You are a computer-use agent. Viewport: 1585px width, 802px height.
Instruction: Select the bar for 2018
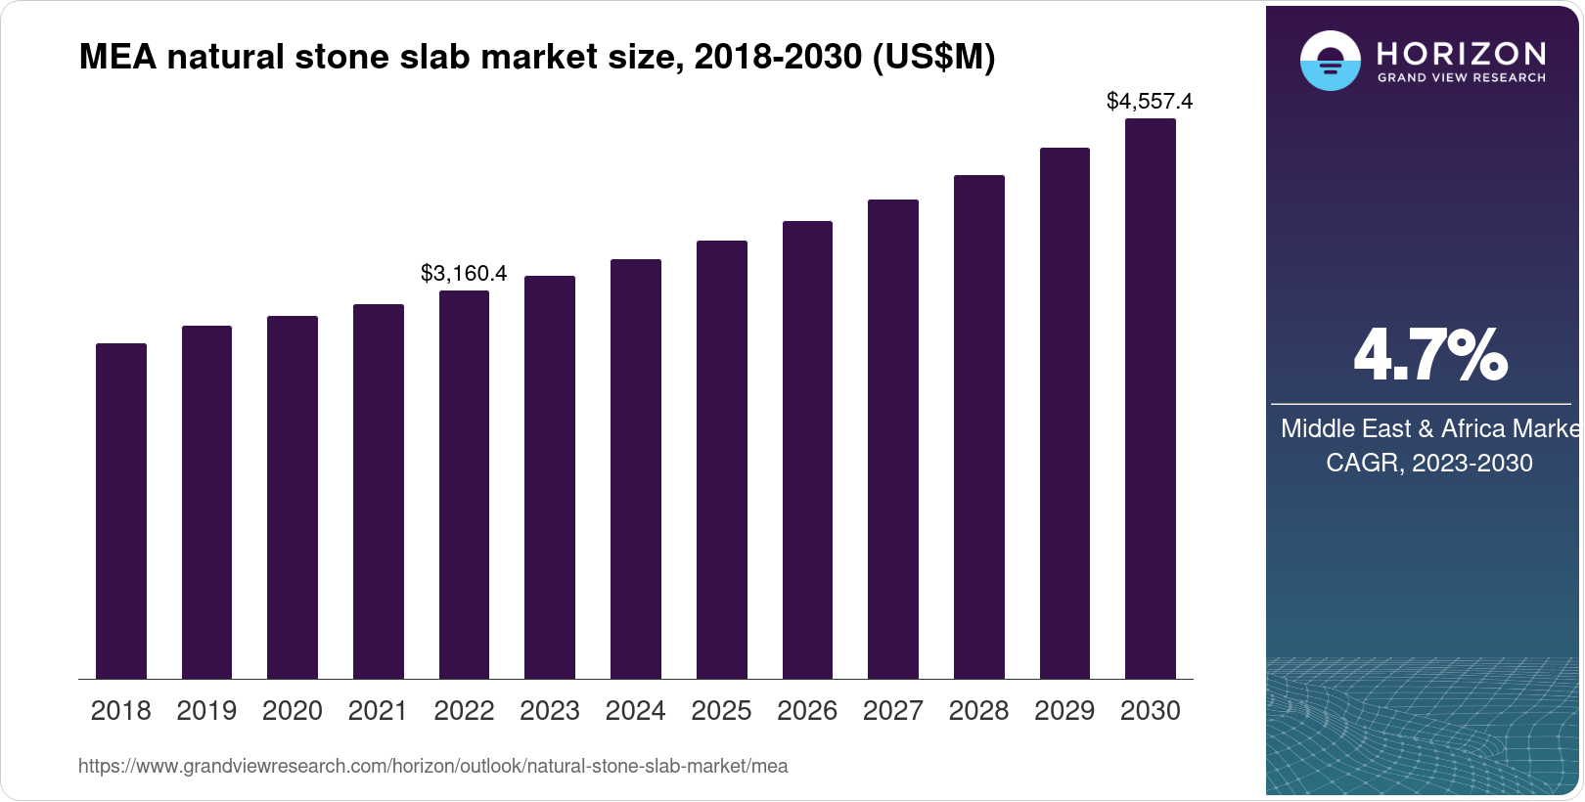click(x=121, y=511)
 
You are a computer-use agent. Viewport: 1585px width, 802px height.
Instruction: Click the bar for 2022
click(x=464, y=484)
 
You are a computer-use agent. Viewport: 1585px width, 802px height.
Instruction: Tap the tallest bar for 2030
click(x=1151, y=398)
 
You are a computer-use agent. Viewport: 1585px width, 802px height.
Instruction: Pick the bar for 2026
click(x=807, y=450)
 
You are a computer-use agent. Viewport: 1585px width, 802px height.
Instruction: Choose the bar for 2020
click(x=293, y=497)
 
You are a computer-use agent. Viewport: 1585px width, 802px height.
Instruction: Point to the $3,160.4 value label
click(x=464, y=273)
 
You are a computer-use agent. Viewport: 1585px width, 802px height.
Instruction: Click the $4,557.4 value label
click(x=1150, y=101)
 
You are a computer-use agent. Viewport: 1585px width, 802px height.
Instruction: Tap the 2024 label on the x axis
click(x=635, y=711)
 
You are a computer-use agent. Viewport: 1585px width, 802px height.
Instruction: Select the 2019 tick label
click(x=206, y=711)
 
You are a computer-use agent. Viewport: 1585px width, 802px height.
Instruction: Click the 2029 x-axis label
click(x=1064, y=711)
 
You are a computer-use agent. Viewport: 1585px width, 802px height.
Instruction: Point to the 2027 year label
click(x=892, y=711)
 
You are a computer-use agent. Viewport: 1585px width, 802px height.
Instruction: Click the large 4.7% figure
click(x=1429, y=355)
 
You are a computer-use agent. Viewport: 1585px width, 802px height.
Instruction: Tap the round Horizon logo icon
click(x=1330, y=61)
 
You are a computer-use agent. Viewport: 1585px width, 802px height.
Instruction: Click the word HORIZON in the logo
click(x=1461, y=53)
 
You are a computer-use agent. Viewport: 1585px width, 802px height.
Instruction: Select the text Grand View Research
click(x=1461, y=77)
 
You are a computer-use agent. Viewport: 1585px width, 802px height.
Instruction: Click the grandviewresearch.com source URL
click(x=432, y=766)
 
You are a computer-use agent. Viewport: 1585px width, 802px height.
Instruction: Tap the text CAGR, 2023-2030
click(x=1428, y=463)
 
